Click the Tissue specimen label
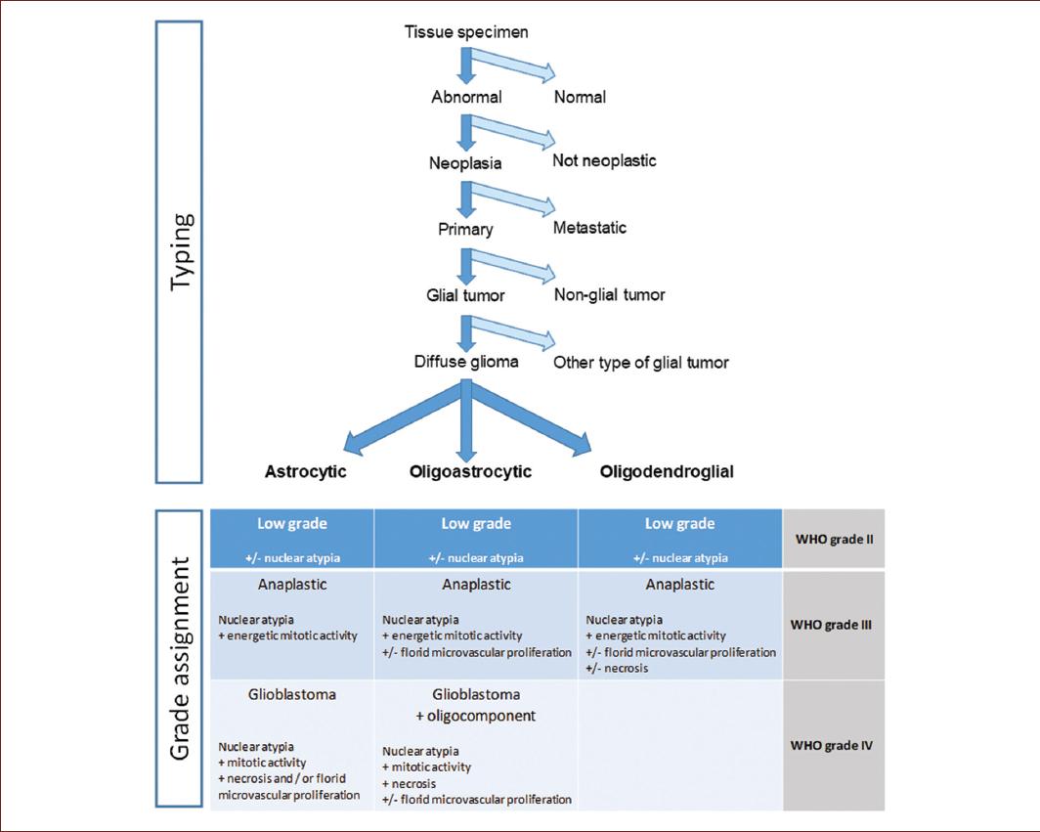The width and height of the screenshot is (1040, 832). point(466,32)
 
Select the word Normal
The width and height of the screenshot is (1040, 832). point(580,97)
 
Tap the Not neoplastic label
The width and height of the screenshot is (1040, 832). point(604,160)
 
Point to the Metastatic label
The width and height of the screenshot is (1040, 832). point(589,228)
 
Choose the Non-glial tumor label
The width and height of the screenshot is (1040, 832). point(610,293)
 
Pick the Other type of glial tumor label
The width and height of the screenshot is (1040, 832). point(640,363)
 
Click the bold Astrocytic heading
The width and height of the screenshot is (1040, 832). point(306,472)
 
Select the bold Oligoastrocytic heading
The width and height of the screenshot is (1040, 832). point(470,472)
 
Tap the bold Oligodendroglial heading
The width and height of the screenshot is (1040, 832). point(667,472)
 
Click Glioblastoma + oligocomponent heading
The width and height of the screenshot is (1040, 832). point(476,706)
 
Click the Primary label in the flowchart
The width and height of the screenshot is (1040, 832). point(465,231)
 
